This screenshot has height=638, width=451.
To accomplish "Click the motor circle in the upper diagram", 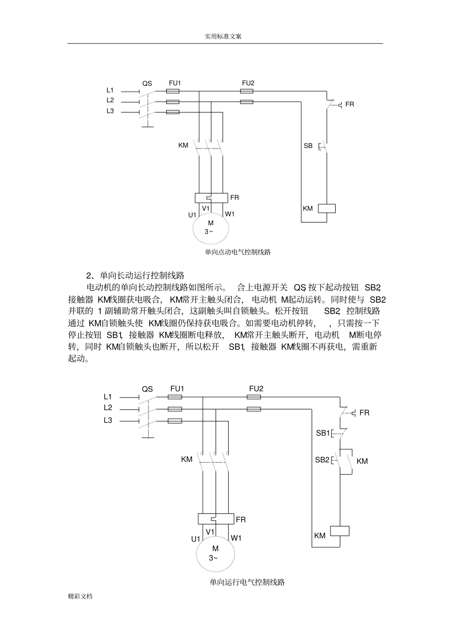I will [x=210, y=228].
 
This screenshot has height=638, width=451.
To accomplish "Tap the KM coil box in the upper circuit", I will [x=327, y=208].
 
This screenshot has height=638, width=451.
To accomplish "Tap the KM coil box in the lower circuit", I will [x=339, y=530].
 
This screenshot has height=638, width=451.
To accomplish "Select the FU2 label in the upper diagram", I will [x=248, y=83].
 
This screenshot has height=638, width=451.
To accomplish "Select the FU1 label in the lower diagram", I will [x=177, y=389].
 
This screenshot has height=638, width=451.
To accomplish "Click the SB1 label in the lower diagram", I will [x=323, y=433].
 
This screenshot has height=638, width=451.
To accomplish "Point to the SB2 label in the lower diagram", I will [x=322, y=460].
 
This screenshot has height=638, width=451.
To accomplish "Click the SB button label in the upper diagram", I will [x=308, y=146].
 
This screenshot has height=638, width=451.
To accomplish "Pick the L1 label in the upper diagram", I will [x=110, y=90].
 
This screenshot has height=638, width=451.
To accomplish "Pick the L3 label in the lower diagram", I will [x=108, y=420].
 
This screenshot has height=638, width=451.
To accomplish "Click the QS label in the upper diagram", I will [x=147, y=83].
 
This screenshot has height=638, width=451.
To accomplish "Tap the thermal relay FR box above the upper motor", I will [x=211, y=197].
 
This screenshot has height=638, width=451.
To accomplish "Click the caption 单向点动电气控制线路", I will [x=238, y=252].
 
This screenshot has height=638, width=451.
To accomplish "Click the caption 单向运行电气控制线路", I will [x=247, y=582].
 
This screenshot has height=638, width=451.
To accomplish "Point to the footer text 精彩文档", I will [x=80, y=596].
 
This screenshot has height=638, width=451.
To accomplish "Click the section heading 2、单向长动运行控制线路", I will [x=135, y=276].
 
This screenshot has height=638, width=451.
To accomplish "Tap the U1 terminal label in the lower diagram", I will [x=196, y=539].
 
